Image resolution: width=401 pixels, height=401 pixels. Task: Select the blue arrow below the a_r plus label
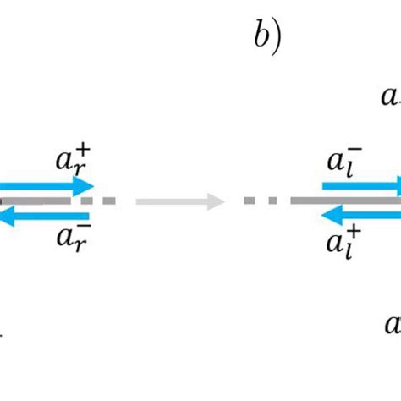[47, 186]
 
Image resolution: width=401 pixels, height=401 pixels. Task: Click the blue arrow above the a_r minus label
[47, 217]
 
